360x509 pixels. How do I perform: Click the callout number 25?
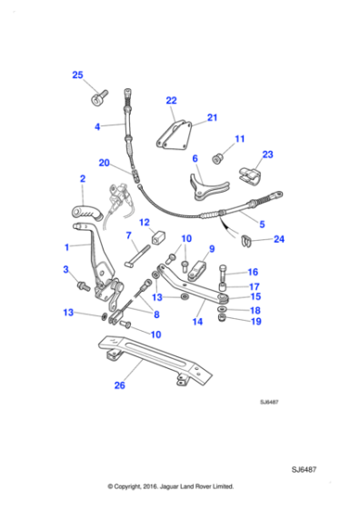[77, 75]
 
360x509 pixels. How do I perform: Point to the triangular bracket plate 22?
[174, 135]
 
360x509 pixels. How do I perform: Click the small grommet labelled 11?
[219, 159]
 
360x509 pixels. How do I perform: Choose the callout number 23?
[267, 155]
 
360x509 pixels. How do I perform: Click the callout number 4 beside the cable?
[97, 127]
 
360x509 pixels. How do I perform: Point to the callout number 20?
[105, 164]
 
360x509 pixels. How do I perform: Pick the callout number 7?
[129, 235]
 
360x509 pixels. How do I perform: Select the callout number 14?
[195, 321]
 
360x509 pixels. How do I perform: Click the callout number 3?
[65, 270]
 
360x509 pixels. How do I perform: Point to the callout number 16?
[253, 271]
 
